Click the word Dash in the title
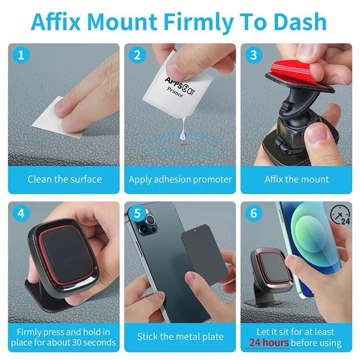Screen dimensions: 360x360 point(300,22)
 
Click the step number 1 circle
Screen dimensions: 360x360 point(21,55)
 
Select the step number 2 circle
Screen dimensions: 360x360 point(137,55)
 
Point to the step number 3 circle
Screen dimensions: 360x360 point(253,55)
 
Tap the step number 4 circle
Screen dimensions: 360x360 point(21,213)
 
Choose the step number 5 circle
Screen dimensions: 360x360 point(137,213)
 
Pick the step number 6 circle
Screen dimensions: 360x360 point(253,213)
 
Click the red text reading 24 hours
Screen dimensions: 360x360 point(269,342)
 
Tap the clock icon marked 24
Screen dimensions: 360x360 point(340,215)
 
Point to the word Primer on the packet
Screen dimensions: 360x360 point(175,92)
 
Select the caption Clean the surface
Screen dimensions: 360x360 point(64,179)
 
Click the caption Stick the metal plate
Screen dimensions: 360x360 point(180,337)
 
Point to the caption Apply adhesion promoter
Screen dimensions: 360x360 point(180,180)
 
